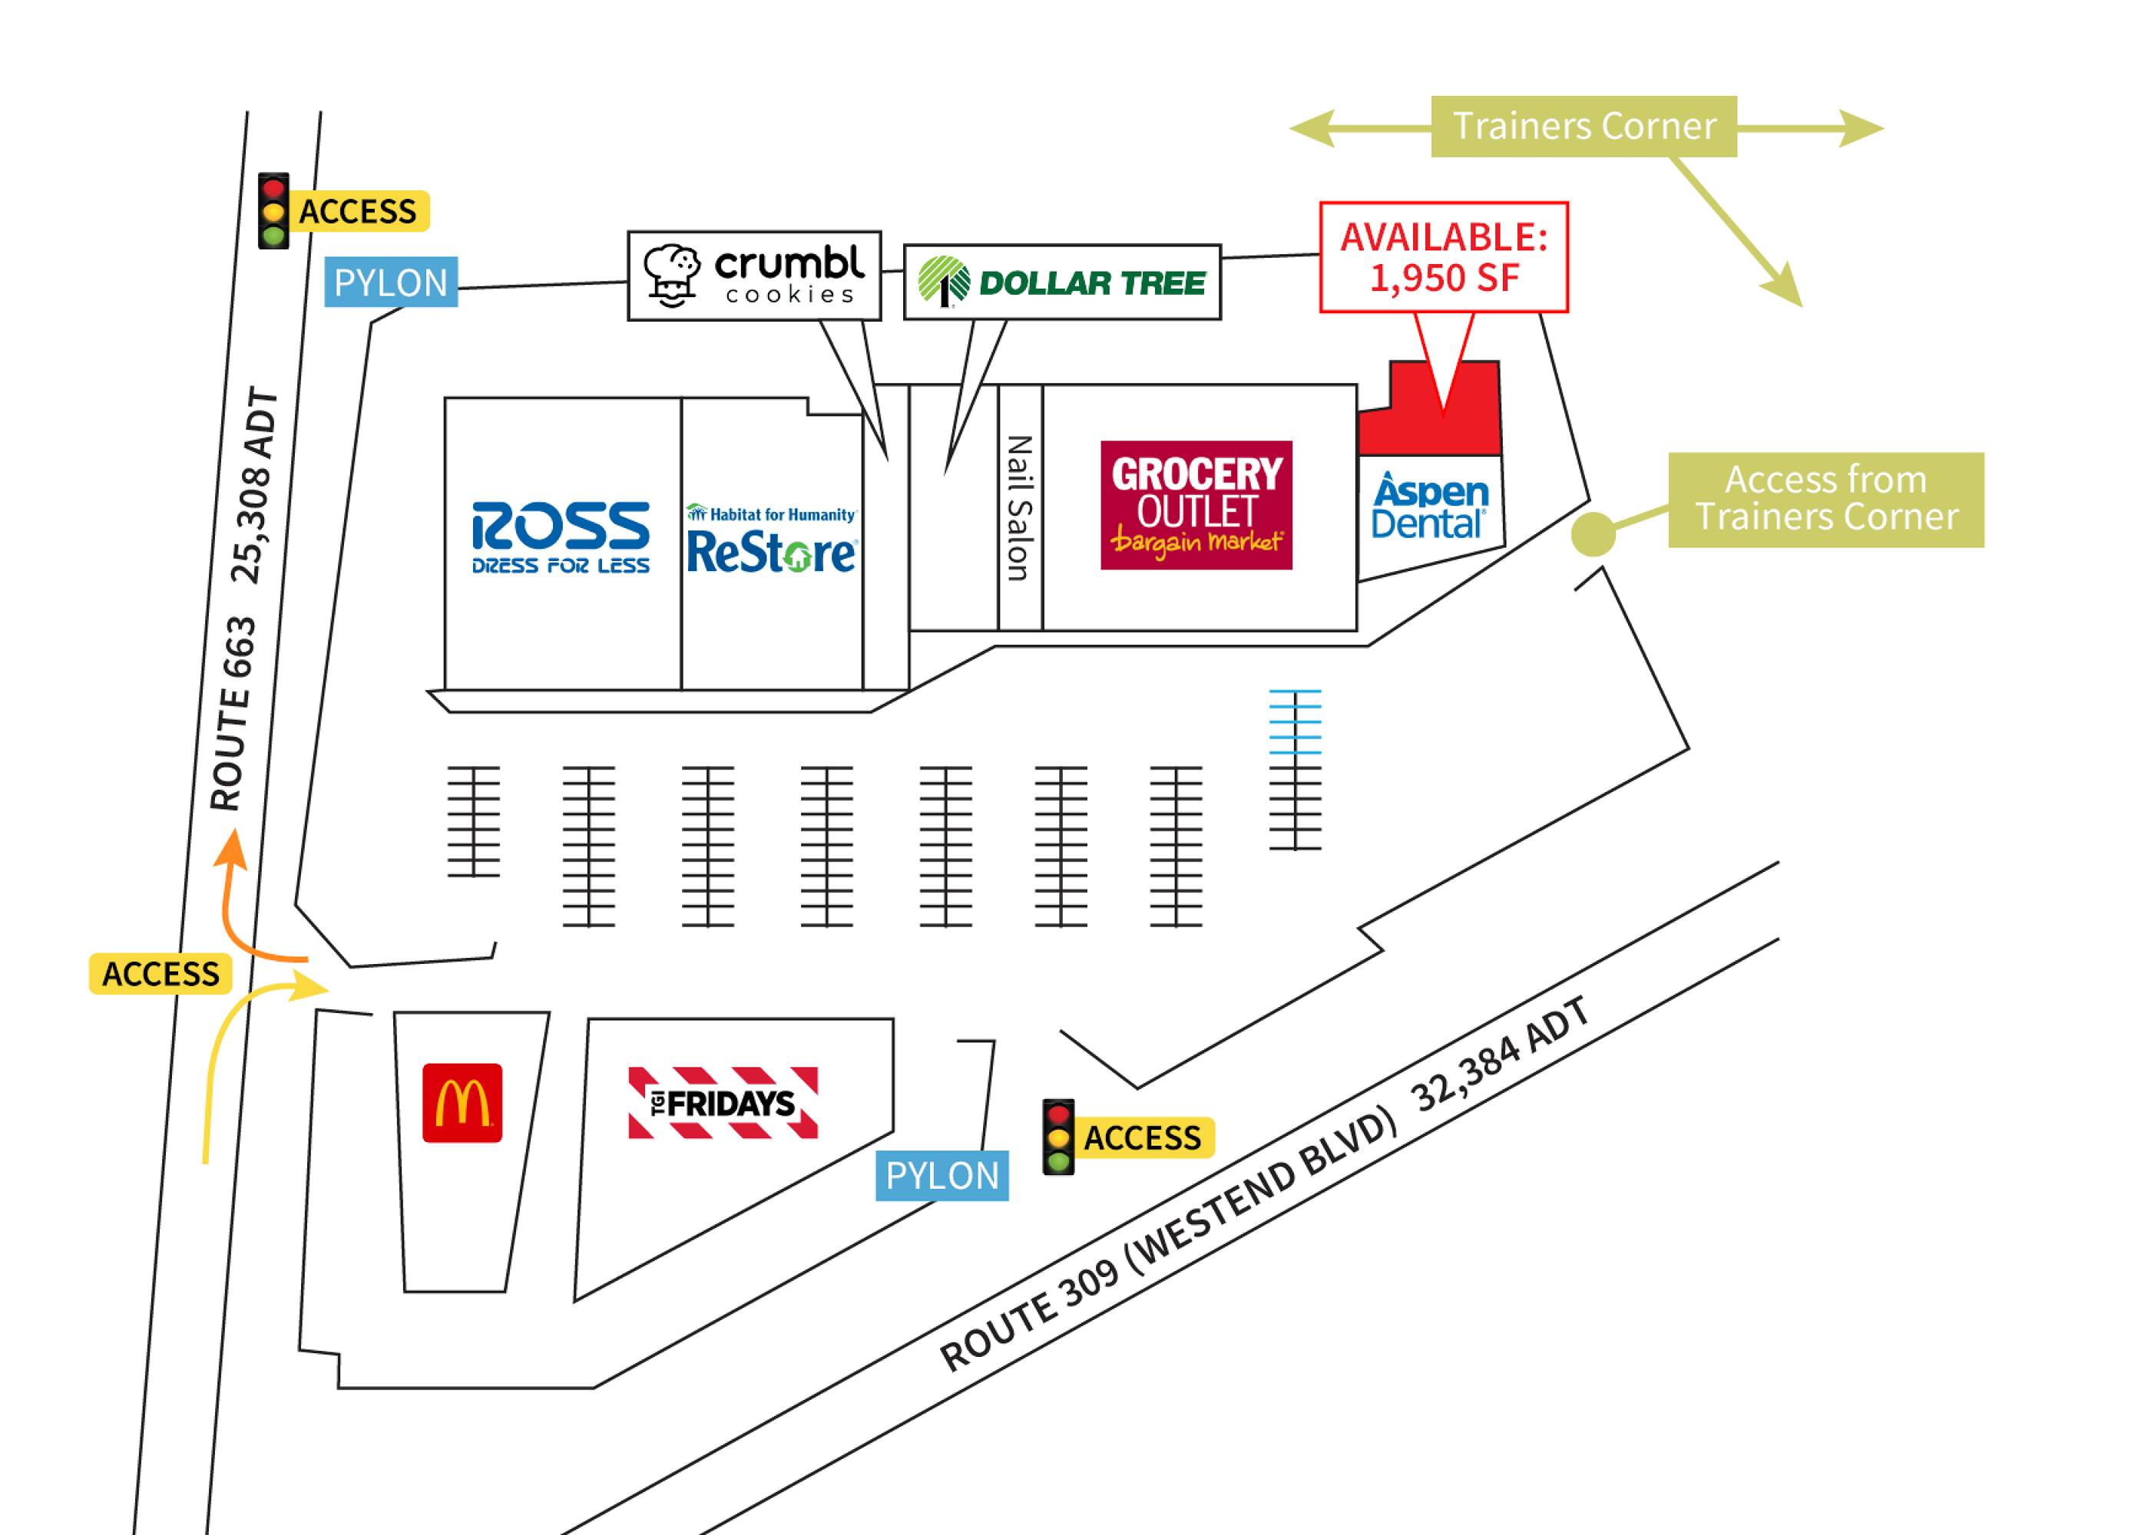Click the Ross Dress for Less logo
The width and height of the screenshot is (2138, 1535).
[x=560, y=537]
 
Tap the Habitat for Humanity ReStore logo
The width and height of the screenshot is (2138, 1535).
[x=771, y=539]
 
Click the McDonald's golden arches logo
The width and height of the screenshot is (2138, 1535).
[x=462, y=1102]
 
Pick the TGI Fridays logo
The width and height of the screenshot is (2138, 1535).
[x=723, y=1102]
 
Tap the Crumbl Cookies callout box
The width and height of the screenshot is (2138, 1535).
[x=754, y=276]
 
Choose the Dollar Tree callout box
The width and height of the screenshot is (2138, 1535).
[x=1061, y=282]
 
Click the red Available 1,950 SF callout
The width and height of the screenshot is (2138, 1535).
[x=1443, y=256]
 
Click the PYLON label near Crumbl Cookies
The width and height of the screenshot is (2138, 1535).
[x=391, y=282]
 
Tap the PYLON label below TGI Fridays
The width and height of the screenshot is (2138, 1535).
[x=942, y=1175]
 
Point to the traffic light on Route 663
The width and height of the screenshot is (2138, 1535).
[x=274, y=211]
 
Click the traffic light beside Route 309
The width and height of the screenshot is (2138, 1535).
[x=1058, y=1137]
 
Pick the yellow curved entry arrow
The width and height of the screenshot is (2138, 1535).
[x=236, y=1046]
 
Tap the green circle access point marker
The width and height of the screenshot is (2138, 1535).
[x=1593, y=533]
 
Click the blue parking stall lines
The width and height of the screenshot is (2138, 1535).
[x=1296, y=721]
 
